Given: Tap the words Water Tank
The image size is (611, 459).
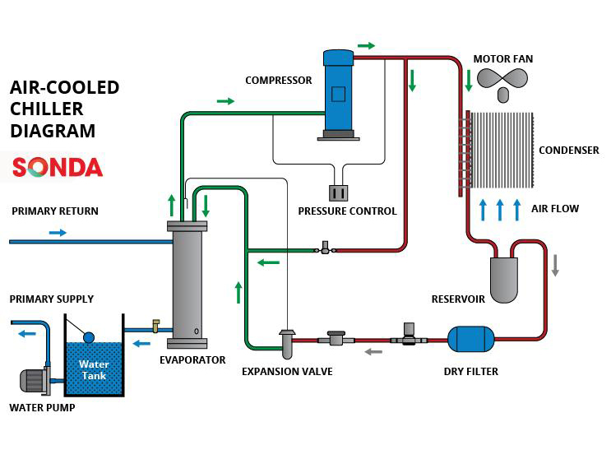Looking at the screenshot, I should [x=94, y=370].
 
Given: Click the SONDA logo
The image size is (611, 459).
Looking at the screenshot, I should [x=57, y=168].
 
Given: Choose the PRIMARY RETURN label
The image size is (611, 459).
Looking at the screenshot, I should [x=55, y=211].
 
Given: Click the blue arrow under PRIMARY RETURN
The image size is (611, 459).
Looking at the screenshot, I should [x=58, y=233].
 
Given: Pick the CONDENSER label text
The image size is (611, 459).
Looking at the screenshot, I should [x=568, y=151].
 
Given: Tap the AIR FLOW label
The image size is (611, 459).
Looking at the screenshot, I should [x=555, y=209].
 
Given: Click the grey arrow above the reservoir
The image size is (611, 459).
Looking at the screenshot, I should [x=555, y=265].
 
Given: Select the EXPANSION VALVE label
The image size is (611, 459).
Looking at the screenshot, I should [x=287, y=372].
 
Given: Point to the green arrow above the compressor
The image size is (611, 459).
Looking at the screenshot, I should [x=366, y=45].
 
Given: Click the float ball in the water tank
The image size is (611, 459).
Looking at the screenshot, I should [x=90, y=336].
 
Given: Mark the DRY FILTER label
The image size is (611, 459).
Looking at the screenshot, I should [x=470, y=372].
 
